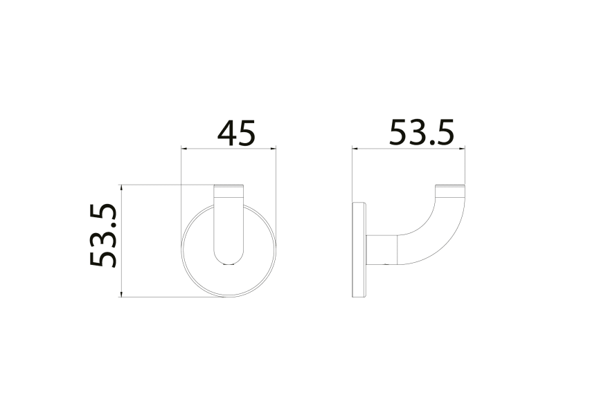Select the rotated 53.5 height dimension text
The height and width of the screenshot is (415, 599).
[x=104, y=235]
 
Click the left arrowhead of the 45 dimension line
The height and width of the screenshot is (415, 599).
[x=183, y=147]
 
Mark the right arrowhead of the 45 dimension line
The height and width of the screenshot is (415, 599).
[x=275, y=147]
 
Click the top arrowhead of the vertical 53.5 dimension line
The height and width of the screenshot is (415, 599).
[x=121, y=187]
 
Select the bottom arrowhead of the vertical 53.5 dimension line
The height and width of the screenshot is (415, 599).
[x=121, y=296]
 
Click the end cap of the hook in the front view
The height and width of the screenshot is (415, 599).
[x=229, y=188]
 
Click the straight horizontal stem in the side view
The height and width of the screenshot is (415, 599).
[x=382, y=250]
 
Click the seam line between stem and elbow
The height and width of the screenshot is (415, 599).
[x=396, y=250]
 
